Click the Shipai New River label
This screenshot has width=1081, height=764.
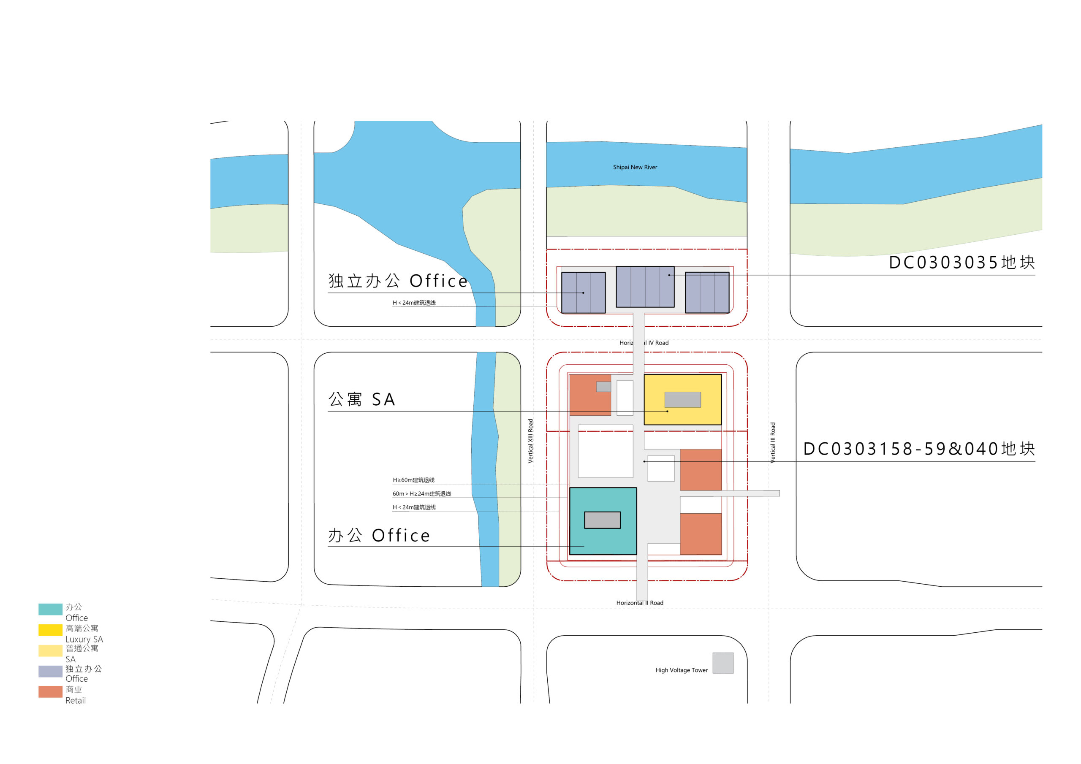[635, 167]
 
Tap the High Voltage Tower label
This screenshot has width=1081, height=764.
[681, 670]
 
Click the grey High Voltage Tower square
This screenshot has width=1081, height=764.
[722, 663]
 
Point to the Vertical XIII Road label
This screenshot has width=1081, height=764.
[531, 441]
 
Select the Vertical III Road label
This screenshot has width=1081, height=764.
[773, 442]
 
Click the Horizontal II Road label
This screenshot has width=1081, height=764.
[639, 602]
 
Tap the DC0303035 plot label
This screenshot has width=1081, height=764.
[961, 262]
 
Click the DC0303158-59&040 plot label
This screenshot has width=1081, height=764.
[918, 449]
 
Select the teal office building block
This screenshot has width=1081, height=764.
[603, 521]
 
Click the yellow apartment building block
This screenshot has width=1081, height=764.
[682, 400]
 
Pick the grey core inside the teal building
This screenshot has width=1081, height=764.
[602, 520]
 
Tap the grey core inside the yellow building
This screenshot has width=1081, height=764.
[682, 400]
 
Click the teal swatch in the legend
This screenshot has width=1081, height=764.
[50, 609]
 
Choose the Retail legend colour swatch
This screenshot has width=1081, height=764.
[50, 691]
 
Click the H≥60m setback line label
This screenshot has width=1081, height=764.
[413, 480]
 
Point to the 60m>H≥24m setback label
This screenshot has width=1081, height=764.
[421, 494]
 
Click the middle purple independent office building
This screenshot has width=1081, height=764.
[645, 287]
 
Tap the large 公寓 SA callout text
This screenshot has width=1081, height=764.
[361, 399]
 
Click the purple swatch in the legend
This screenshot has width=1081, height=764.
[50, 671]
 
